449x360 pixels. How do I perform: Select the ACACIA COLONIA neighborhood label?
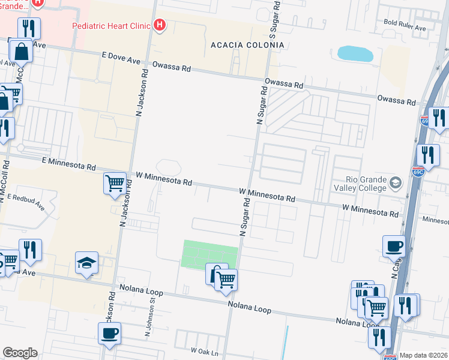pyautogui.click(x=247, y=45)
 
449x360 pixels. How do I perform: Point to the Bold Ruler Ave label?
pyautogui.click(x=405, y=28)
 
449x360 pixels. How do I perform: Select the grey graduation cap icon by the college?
pyautogui.click(x=396, y=182)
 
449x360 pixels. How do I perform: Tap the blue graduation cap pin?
pyautogui.click(x=87, y=263)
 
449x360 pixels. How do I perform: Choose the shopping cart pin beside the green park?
pyautogui.click(x=226, y=279)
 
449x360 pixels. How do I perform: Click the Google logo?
pyautogui.click(x=20, y=353)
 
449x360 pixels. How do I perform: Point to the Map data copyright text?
pyautogui.click(x=424, y=355)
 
